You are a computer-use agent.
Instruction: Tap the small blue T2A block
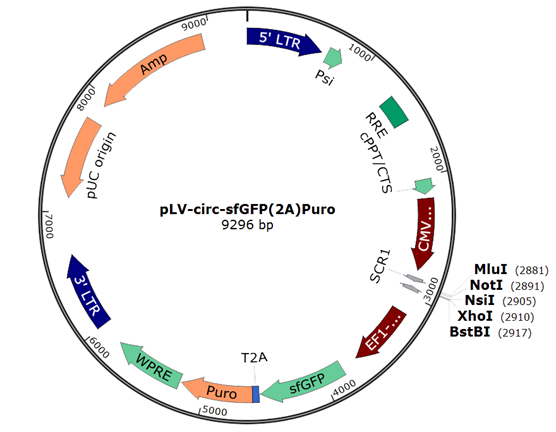[x=256, y=394]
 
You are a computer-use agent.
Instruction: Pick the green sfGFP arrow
[x=305, y=383]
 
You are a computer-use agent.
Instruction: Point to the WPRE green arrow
[x=152, y=365]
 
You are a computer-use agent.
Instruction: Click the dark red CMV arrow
[x=425, y=232]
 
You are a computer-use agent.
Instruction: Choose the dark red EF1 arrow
[x=382, y=332]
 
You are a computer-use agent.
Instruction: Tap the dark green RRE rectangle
[x=394, y=112]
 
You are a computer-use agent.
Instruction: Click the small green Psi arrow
[x=333, y=58]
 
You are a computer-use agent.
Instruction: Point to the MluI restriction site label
[x=491, y=270]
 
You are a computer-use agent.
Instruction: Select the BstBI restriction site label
[x=470, y=332]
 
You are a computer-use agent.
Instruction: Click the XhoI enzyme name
[x=475, y=316]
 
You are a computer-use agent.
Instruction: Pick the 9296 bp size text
[x=248, y=225]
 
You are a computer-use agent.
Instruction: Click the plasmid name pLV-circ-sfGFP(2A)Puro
[x=248, y=209]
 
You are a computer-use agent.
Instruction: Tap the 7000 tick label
[x=49, y=226]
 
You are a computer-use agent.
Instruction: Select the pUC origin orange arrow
[x=82, y=156]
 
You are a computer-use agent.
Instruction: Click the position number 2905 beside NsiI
[x=519, y=301]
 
